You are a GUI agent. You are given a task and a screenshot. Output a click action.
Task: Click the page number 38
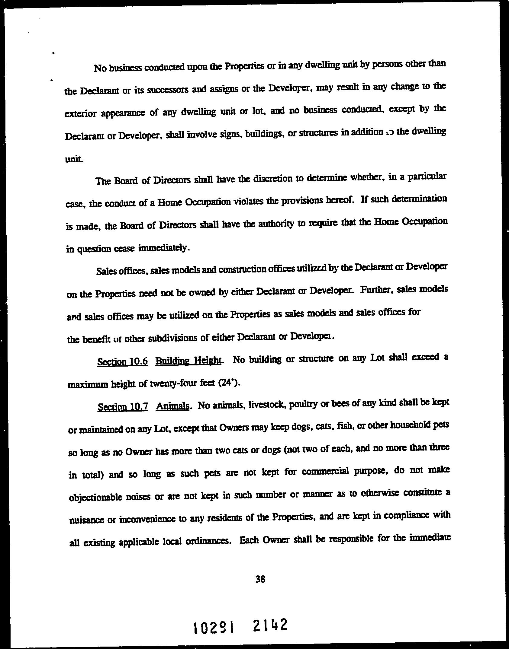click(260, 579)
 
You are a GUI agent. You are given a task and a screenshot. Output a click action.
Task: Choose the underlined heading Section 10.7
click(123, 407)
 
